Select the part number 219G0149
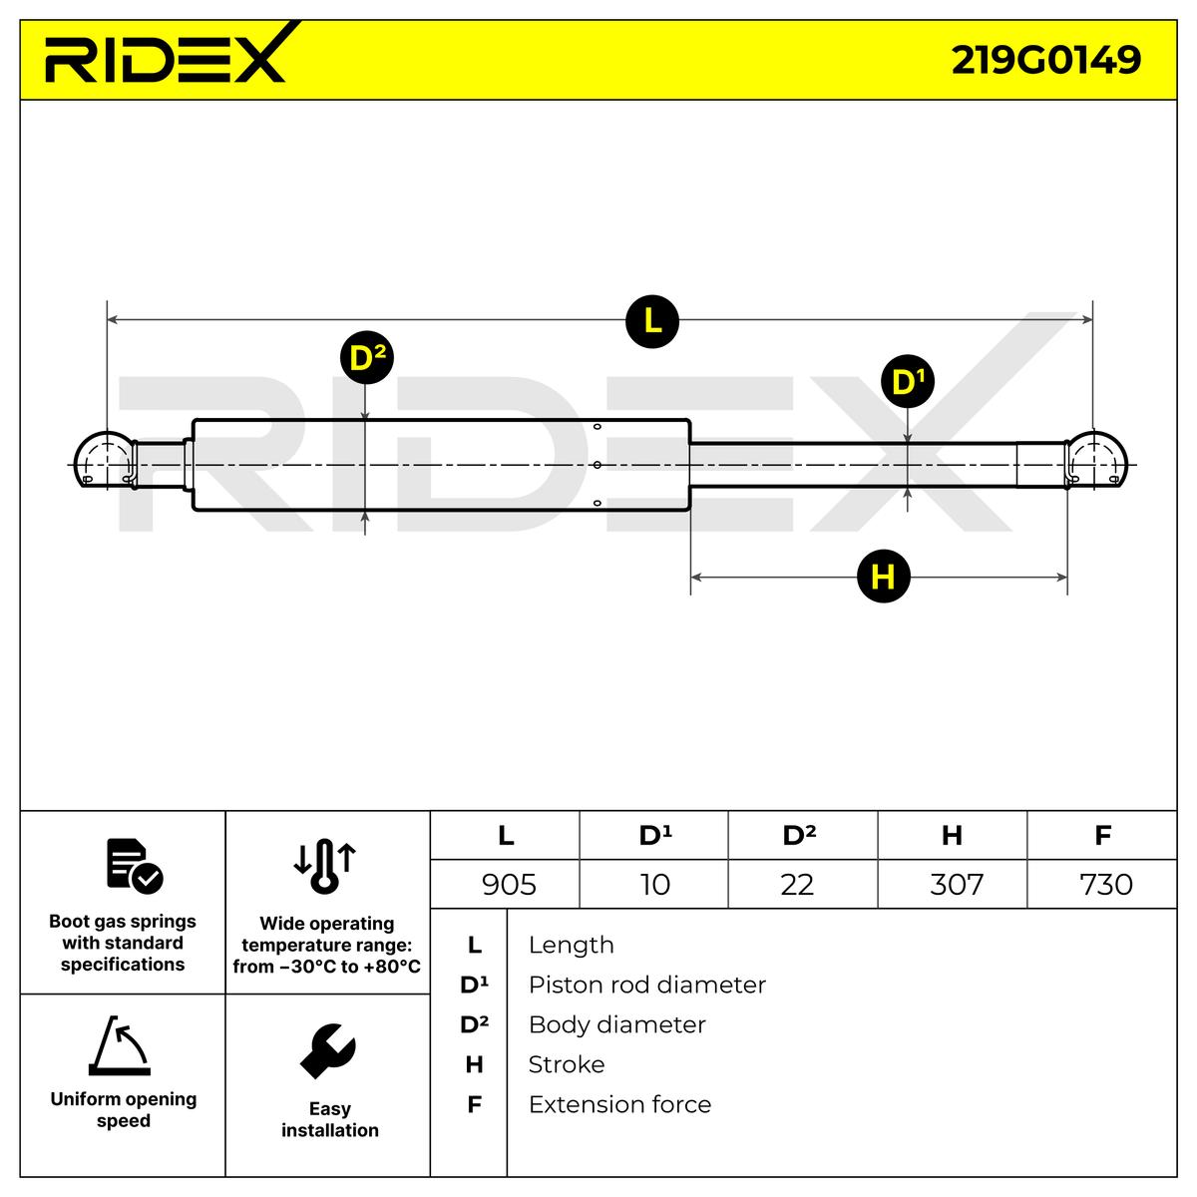(1045, 60)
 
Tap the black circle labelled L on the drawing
(651, 321)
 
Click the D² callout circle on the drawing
(366, 358)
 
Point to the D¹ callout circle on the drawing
(907, 381)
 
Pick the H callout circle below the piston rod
(883, 577)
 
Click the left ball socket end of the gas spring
(104, 461)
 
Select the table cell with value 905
(508, 884)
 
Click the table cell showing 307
(955, 884)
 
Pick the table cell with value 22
(797, 884)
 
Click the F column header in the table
(1102, 835)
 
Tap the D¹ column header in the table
(654, 835)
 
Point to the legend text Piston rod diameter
(646, 985)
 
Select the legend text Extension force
(619, 1104)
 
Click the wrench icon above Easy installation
(328, 1050)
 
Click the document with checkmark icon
(134, 865)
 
